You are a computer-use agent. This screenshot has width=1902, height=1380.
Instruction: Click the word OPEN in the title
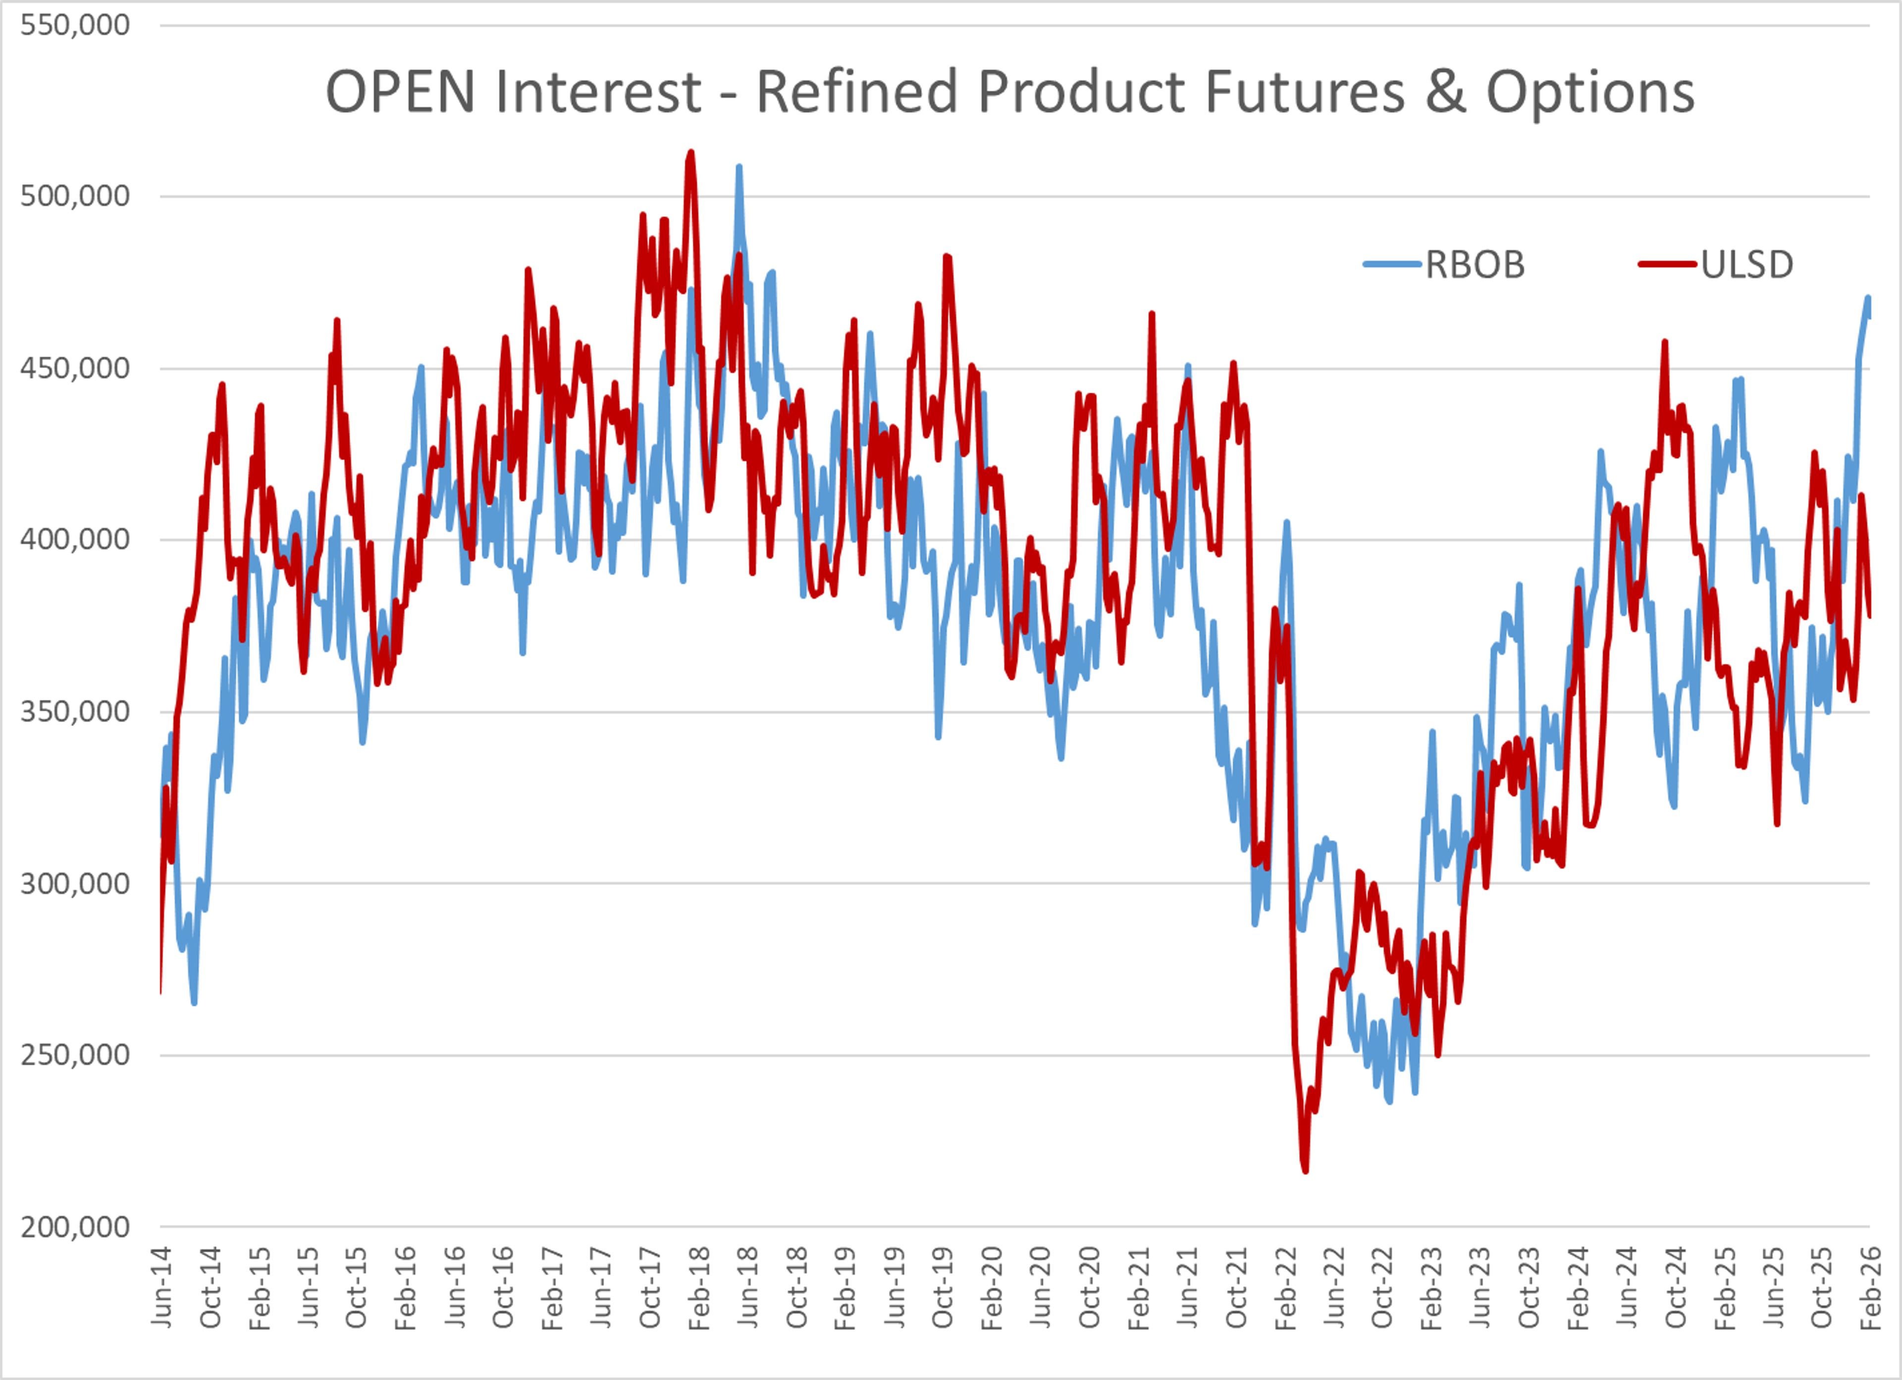coord(400,92)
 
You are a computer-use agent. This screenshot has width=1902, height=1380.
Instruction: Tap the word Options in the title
coord(1590,92)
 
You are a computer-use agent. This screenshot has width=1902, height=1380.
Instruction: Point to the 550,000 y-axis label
coord(75,25)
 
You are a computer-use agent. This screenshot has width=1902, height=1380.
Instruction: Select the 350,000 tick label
coord(75,711)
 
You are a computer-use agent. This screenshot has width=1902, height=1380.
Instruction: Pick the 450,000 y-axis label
coord(75,368)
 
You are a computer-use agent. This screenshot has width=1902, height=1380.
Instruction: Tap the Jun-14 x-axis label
coord(162,1288)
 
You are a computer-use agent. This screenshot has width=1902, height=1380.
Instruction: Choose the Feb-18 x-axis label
coord(699,1288)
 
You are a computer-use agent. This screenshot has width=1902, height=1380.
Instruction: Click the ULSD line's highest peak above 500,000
coord(690,152)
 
